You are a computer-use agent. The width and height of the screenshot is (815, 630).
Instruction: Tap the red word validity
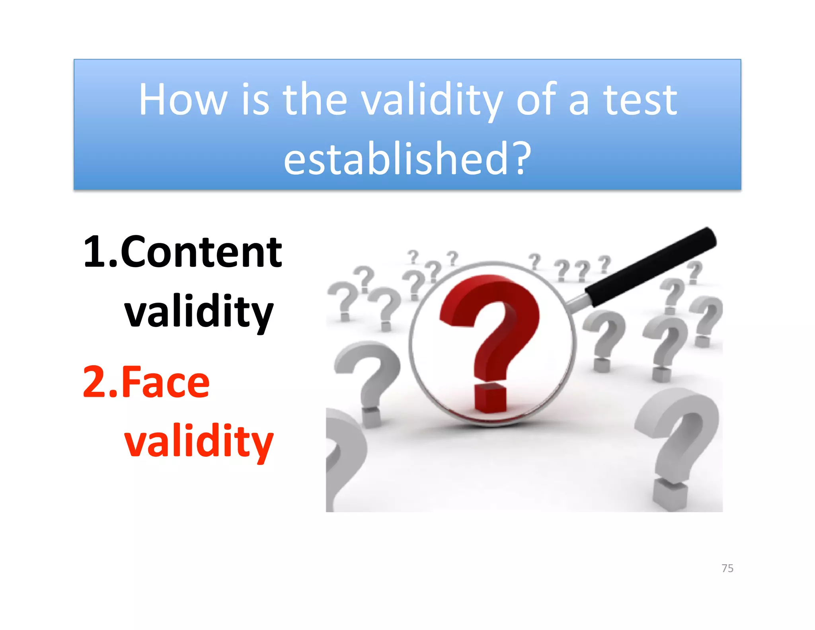(199, 441)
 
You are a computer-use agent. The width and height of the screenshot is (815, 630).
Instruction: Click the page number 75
(727, 568)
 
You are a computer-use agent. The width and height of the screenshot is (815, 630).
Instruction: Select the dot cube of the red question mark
(490, 398)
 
